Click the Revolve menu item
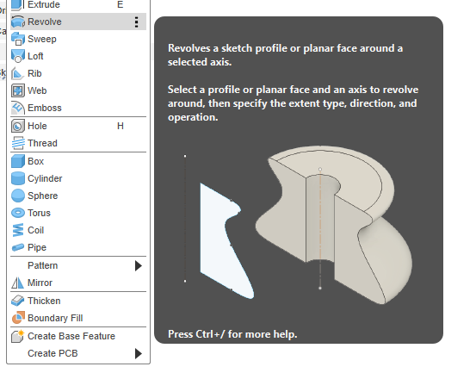[x=44, y=22]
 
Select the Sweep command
[x=42, y=39]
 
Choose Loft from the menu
[x=35, y=56]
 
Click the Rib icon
[x=17, y=73]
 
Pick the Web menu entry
[x=37, y=90]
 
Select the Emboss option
[x=45, y=108]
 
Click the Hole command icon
[x=18, y=126]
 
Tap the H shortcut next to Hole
[x=121, y=126]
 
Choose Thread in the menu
[x=42, y=143]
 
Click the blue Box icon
[x=18, y=161]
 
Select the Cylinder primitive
[x=45, y=178]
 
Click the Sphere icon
[x=18, y=196]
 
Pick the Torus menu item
[x=39, y=213]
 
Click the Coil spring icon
[x=18, y=230]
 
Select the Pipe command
[x=37, y=247]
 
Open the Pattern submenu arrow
[x=139, y=266]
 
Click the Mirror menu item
[x=40, y=283]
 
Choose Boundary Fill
[x=55, y=318]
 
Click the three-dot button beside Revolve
[x=137, y=22]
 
